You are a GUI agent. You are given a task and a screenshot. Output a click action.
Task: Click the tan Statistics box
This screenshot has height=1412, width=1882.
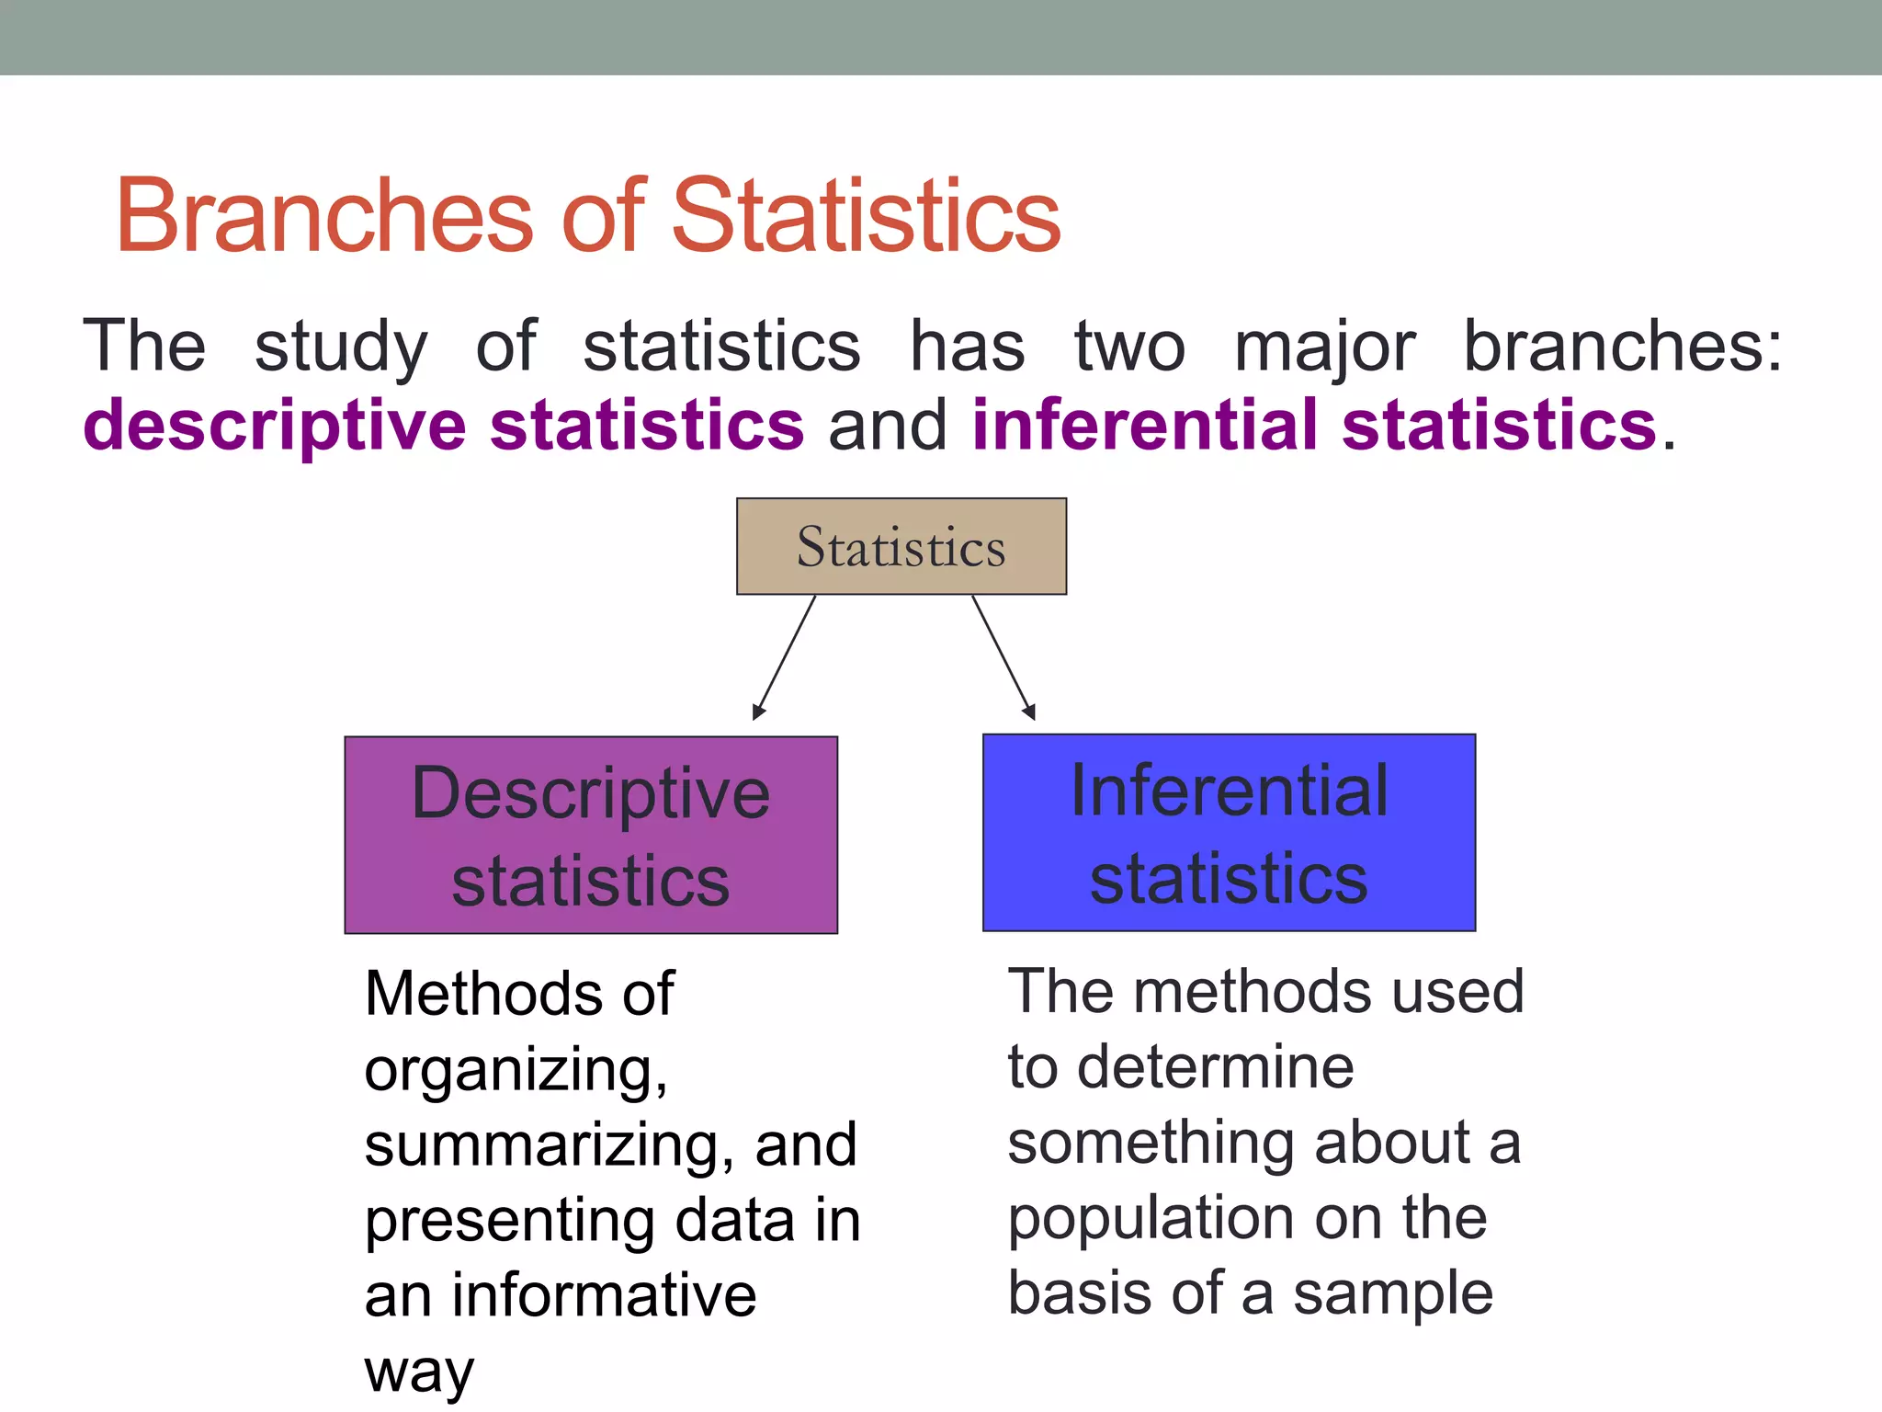(901, 546)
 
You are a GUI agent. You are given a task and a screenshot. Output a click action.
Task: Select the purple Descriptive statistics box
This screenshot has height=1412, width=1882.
(591, 835)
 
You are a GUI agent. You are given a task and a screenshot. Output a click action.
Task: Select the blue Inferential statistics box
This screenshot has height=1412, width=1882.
(1229, 833)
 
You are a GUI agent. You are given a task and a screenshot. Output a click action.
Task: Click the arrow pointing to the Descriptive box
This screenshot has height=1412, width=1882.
(784, 657)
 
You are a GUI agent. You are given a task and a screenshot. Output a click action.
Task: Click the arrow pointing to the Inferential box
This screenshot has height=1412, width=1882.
(1003, 657)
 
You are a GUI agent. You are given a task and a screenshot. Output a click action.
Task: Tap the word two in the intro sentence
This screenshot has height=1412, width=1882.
(1129, 347)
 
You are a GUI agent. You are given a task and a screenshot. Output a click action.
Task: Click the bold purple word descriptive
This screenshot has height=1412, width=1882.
(274, 427)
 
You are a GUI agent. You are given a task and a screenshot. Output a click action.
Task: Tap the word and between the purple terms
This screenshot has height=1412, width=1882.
(887, 426)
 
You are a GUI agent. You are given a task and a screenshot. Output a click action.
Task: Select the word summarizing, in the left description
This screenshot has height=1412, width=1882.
(549, 1145)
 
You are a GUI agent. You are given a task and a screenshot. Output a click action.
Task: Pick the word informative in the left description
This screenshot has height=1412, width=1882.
(604, 1295)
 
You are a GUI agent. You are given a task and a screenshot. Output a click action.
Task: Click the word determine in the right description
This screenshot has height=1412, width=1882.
(1215, 1067)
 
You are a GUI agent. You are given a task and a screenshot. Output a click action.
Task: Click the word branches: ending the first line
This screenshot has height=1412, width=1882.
(1622, 347)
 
